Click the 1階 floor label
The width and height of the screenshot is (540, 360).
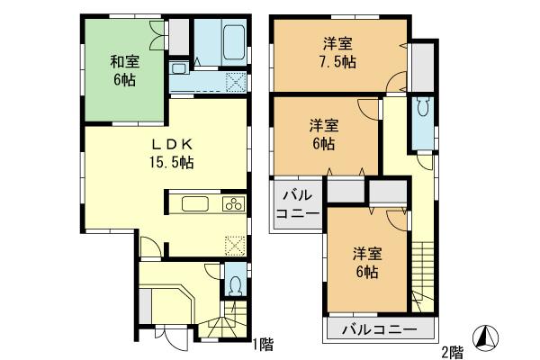pyautogui.click(x=262, y=343)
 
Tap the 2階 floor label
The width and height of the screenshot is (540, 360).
pyautogui.click(x=453, y=350)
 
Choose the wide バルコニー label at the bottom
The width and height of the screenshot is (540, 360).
pyautogui.click(x=379, y=329)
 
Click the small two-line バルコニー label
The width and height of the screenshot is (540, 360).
pyautogui.click(x=297, y=205)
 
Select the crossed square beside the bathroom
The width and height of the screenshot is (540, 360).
pyautogui.click(x=235, y=81)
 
